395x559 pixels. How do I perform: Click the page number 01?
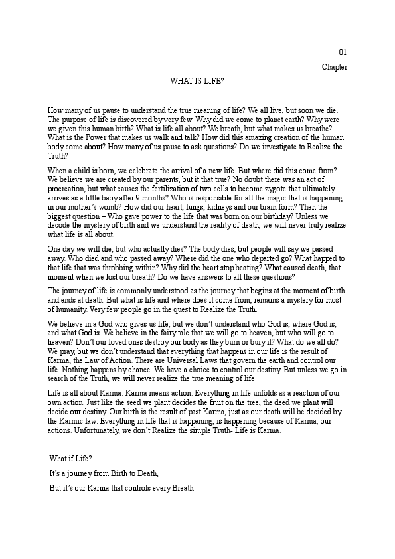[x=343, y=52]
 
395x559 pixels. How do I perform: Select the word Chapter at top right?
[x=335, y=67]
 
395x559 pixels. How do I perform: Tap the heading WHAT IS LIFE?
[x=197, y=80]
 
